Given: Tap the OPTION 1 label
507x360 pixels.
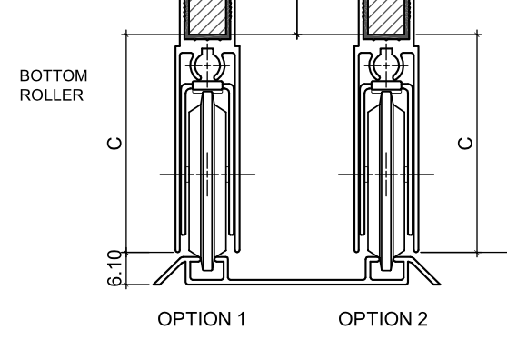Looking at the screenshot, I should tap(202, 319).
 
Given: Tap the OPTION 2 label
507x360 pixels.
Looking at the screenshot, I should tap(383, 319).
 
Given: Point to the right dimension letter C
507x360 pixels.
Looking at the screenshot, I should tap(465, 143).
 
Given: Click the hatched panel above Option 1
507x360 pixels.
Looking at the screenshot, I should tap(208, 17).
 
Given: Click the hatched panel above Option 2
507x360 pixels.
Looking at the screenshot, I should tap(386, 17).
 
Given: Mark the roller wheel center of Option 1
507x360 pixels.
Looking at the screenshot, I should tap(208, 173).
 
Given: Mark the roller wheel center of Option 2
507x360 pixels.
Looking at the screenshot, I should tap(386, 173).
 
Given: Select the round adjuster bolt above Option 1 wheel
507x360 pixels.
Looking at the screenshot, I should tap(208, 67).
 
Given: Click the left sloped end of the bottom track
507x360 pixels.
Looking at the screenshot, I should tap(169, 270).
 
